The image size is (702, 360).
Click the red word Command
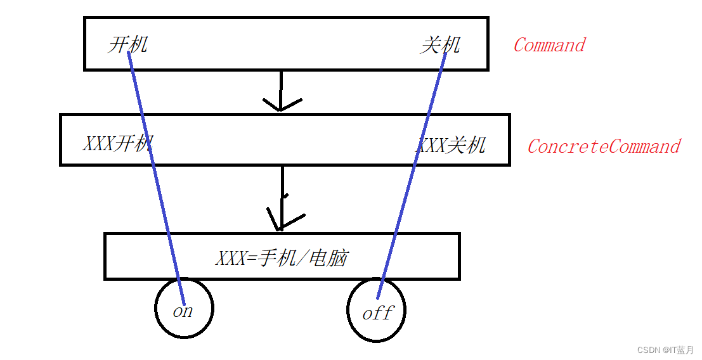pos(549,45)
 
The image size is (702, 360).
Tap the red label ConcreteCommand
pos(603,146)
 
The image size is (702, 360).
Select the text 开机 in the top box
pos(127,45)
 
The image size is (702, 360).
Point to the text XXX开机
pos(118,143)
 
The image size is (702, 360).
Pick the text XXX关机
pos(451,145)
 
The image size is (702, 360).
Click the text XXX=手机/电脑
pos(282,258)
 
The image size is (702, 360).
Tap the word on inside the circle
pos(183,312)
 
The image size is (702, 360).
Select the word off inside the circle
pos(378,313)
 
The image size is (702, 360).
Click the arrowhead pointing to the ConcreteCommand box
pos(281,105)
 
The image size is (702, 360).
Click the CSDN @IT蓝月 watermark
pos(665,350)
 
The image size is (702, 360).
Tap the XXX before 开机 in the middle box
pos(98,143)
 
